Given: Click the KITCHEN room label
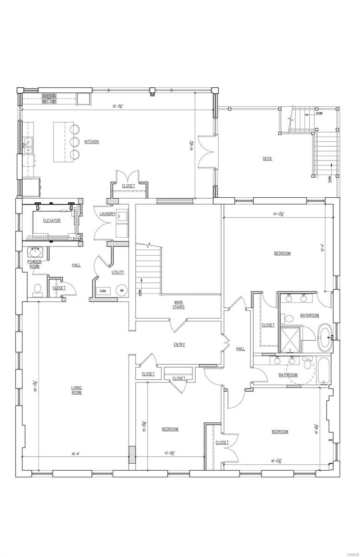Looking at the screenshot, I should pyautogui.click(x=91, y=142).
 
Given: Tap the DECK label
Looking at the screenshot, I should pyautogui.click(x=267, y=159).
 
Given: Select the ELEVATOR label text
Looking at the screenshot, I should pyautogui.click(x=52, y=220).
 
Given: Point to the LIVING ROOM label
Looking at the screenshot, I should pyautogui.click(x=77, y=390).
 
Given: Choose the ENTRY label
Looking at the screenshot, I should pyautogui.click(x=180, y=344).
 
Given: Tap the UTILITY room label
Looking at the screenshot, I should pyautogui.click(x=118, y=272).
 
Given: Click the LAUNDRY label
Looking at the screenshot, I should pyautogui.click(x=107, y=214).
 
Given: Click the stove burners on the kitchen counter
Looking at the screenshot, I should pyautogui.click(x=49, y=98).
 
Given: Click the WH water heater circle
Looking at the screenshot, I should pyautogui.click(x=122, y=291).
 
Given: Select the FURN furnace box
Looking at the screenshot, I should pyautogui.click(x=103, y=291).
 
